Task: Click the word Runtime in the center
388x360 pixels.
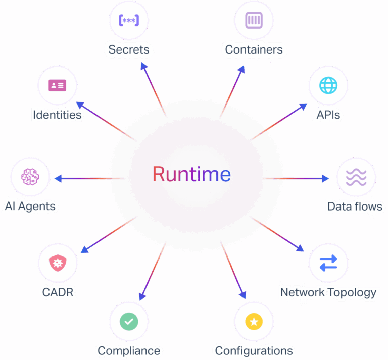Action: (x=191, y=175)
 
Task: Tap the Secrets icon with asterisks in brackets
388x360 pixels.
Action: (x=129, y=21)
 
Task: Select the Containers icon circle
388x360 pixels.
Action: (x=254, y=21)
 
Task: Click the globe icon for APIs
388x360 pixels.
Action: (x=328, y=85)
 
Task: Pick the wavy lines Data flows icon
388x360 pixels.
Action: (x=356, y=178)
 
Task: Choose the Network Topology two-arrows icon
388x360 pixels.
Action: (x=328, y=263)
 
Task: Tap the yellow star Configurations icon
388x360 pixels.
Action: (x=254, y=322)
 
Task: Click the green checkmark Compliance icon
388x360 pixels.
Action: (x=129, y=322)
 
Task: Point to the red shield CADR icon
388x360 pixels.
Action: (x=58, y=263)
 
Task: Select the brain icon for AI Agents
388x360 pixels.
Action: (x=30, y=177)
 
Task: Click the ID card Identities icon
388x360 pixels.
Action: (x=58, y=85)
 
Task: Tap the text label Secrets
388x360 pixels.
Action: (x=129, y=49)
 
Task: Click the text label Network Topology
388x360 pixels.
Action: (x=328, y=292)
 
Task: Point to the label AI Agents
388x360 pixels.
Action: (x=30, y=206)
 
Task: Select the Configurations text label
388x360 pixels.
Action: (x=254, y=351)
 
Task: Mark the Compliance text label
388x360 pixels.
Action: (x=129, y=351)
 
